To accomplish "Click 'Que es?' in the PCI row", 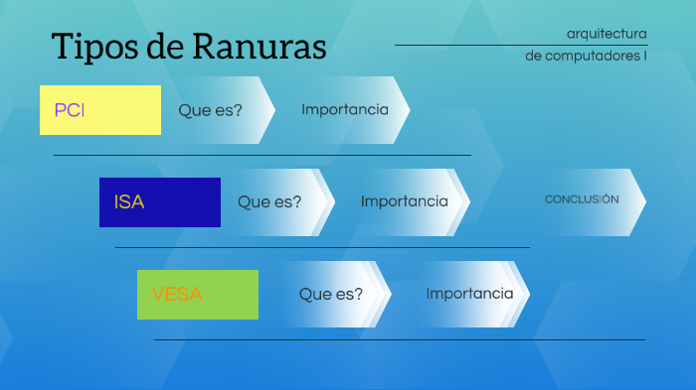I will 211,110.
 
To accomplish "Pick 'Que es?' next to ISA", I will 269,201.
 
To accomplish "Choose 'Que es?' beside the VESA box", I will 331,294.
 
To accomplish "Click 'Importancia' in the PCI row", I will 345,109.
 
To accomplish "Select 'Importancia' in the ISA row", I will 405,201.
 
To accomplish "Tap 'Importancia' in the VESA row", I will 469,294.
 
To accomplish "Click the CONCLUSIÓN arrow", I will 583,199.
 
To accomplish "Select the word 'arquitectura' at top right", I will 607,34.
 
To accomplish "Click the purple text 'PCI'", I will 69,110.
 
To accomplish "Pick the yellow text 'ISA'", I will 129,202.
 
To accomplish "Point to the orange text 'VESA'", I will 177,295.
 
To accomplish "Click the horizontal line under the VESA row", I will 398,339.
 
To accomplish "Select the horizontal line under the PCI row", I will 261,155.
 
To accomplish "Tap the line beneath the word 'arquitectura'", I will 521,45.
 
